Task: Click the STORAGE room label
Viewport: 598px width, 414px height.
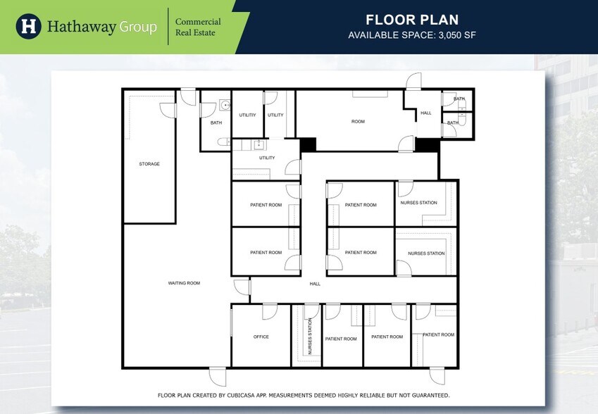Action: (149, 164)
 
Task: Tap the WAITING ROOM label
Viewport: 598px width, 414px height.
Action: (184, 283)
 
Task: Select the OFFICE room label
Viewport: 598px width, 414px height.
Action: (261, 337)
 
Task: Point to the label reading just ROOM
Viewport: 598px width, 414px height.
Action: (359, 122)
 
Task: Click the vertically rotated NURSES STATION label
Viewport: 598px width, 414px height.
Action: (310, 336)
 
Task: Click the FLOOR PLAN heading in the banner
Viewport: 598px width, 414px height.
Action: (412, 20)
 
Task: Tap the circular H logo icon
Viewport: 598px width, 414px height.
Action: (28, 26)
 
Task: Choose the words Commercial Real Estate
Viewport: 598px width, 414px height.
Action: (198, 27)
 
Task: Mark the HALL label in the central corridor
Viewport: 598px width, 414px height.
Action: (315, 284)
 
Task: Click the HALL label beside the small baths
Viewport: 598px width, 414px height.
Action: (426, 113)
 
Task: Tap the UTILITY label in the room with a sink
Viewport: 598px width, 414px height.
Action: (267, 158)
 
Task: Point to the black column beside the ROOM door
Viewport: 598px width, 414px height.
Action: (427, 144)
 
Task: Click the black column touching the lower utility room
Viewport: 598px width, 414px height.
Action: (308, 144)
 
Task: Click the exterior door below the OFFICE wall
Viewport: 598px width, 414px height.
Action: (218, 375)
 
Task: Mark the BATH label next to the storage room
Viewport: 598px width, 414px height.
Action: (216, 123)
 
